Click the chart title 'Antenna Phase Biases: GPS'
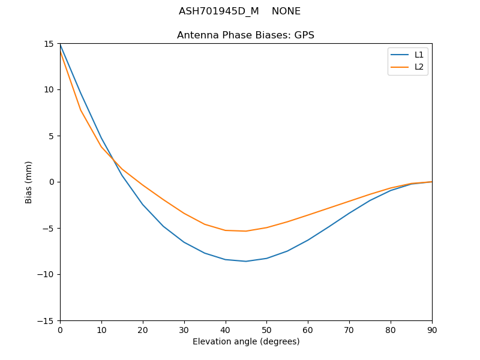245,35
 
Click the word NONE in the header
286,11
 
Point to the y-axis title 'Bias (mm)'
29,182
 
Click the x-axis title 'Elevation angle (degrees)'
246,341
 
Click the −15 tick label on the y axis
47,320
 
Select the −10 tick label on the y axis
47,274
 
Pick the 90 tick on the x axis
432,329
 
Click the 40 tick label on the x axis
226,329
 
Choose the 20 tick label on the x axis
143,329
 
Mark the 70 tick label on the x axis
349,329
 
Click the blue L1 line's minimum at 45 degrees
246,261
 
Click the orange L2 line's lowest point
246,231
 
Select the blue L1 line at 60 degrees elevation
308,240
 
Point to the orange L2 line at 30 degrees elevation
184,214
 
